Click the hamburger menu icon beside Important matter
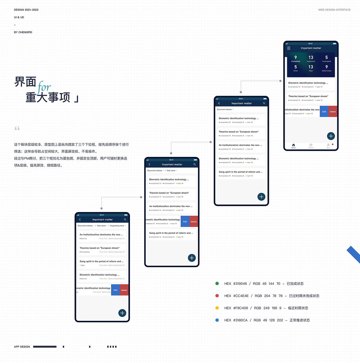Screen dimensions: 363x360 point(289,48)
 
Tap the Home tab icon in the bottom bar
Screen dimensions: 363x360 point(293,145)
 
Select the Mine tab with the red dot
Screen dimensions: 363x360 point(328,145)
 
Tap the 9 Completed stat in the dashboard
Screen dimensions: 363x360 point(296,58)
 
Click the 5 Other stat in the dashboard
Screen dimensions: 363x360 point(296,68)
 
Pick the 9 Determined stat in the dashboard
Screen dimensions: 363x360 point(327,68)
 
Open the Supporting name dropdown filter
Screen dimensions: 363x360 point(118,226)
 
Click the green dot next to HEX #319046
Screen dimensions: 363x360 point(217,283)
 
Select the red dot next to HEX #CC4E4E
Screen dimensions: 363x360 point(217,296)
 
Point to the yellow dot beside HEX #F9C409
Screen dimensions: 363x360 point(217,308)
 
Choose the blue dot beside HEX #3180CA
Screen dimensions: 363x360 point(217,320)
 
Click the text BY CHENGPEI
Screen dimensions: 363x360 point(23,32)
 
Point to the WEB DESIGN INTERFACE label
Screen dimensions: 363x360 point(334,10)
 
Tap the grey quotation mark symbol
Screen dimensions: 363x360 point(17,128)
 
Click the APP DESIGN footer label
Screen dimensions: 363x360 point(22,347)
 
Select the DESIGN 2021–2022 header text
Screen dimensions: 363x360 point(26,10)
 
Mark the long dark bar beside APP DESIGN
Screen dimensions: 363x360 point(45,347)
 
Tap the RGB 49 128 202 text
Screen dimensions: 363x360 point(268,320)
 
